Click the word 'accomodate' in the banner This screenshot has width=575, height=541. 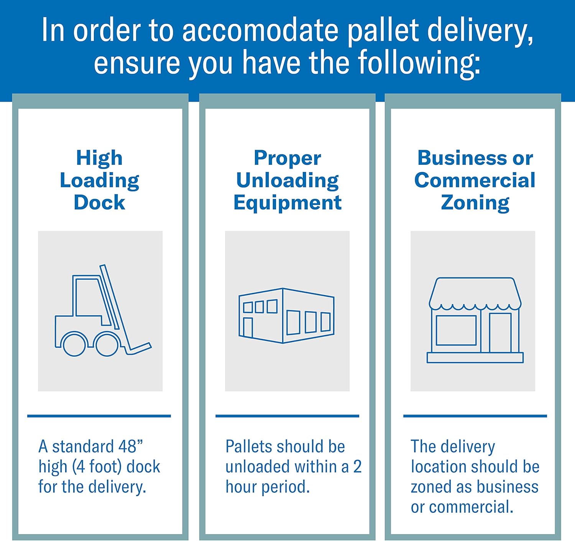tap(260, 30)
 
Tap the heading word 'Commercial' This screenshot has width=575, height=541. tap(475, 180)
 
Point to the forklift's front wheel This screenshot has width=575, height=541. tap(107, 344)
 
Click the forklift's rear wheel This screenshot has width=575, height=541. tap(74, 344)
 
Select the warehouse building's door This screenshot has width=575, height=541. tap(248, 327)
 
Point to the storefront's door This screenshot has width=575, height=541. tap(500, 333)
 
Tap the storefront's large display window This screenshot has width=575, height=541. tap(456, 331)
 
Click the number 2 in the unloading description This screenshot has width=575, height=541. tap(357, 467)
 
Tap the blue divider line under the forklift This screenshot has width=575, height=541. tap(99, 416)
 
